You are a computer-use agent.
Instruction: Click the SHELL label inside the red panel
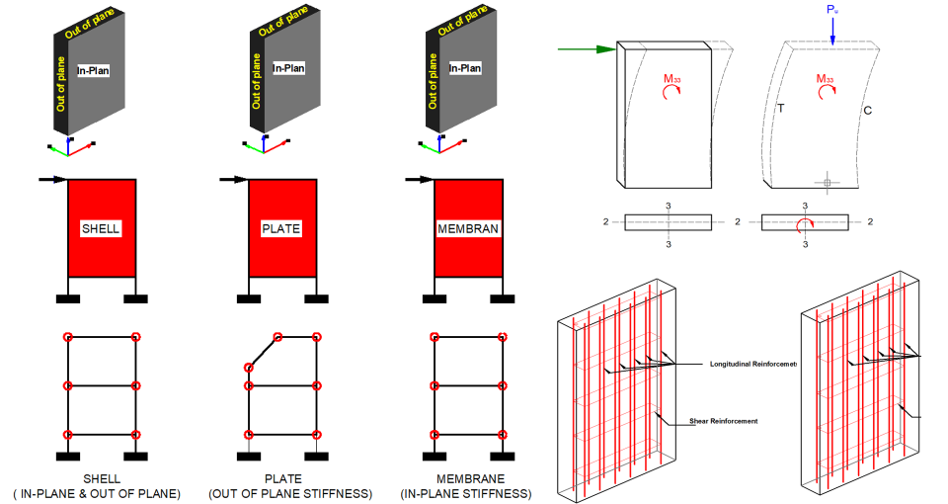click(x=101, y=229)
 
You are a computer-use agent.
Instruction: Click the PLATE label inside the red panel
click(x=280, y=229)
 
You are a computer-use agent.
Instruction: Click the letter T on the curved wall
click(x=779, y=108)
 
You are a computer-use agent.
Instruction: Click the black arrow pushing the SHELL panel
click(x=52, y=179)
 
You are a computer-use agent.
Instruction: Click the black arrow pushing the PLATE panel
click(x=233, y=179)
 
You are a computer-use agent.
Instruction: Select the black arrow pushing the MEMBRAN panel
click(x=419, y=179)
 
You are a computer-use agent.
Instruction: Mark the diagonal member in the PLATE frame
click(x=263, y=352)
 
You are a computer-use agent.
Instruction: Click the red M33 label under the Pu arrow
click(x=826, y=78)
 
